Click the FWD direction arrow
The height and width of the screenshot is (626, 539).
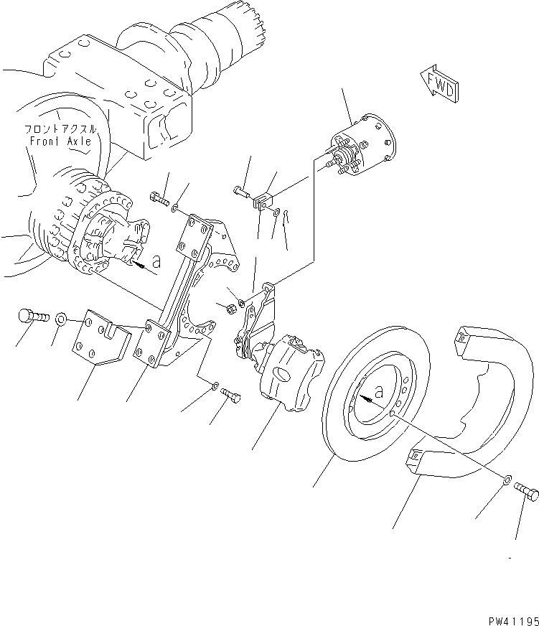[436, 83]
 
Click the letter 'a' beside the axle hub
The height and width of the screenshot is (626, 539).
[156, 262]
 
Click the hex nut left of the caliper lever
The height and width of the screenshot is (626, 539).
[232, 309]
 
